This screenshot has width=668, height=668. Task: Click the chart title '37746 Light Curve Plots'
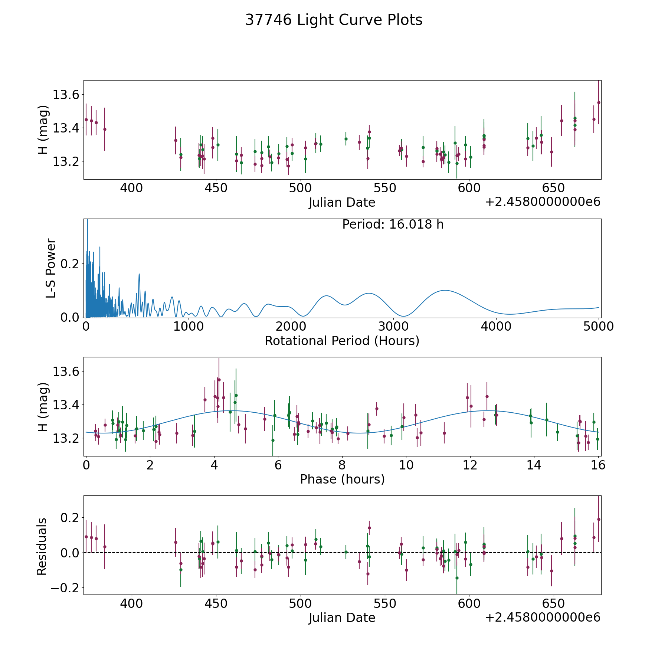334,20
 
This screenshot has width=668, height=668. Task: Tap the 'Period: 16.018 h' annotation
393,225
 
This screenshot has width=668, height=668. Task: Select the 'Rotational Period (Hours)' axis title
342,341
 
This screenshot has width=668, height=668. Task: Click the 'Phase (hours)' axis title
342,479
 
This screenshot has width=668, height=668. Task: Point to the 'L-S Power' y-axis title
51,268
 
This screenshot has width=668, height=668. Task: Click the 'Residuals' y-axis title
42,547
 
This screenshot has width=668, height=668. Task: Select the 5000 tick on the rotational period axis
599,326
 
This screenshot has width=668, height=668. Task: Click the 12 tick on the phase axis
470,465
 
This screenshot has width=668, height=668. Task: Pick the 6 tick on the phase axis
278,465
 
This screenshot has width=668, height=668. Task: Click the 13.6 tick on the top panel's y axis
66,95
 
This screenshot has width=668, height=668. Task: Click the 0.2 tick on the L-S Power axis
70,264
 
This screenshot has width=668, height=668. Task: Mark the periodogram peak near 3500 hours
445,290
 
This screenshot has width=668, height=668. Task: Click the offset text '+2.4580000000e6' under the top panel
543,202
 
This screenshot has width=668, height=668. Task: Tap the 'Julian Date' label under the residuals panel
342,618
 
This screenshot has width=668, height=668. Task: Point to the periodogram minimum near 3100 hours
404,316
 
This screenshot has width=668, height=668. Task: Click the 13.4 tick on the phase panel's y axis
66,405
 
